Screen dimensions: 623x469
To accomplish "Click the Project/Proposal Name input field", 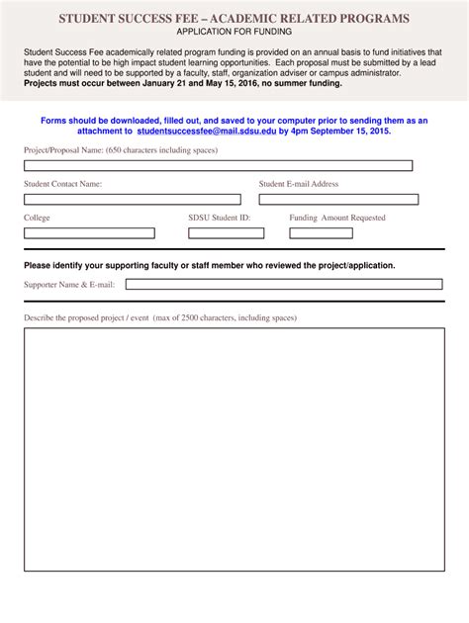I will point(218,165).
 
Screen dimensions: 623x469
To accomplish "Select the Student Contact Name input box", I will point(132,199).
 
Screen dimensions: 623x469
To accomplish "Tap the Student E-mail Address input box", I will point(338,199).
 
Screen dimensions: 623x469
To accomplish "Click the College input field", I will point(89,233).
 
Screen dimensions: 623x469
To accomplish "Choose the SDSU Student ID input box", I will point(226,233).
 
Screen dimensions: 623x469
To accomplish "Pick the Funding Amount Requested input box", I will point(334,233).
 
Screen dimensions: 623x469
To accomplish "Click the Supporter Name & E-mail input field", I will point(283,284).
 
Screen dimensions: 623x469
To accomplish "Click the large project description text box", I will point(234,455).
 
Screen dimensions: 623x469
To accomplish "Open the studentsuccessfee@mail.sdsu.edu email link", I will point(207,131).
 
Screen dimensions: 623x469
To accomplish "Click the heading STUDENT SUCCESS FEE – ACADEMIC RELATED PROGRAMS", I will point(234,19).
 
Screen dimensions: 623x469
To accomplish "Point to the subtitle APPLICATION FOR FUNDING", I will point(234,32).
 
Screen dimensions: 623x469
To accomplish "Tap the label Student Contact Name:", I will point(62,184).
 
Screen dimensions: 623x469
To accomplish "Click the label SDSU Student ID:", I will point(219,218).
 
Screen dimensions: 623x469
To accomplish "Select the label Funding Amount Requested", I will point(337,218).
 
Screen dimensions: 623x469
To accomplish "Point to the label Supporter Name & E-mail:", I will point(69,285).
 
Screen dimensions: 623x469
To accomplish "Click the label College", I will point(37,218).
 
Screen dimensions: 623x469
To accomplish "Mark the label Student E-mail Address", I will point(299,184).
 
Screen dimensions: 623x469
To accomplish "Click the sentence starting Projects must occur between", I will point(183,83).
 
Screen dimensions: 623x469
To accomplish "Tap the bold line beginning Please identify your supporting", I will point(209,265).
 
